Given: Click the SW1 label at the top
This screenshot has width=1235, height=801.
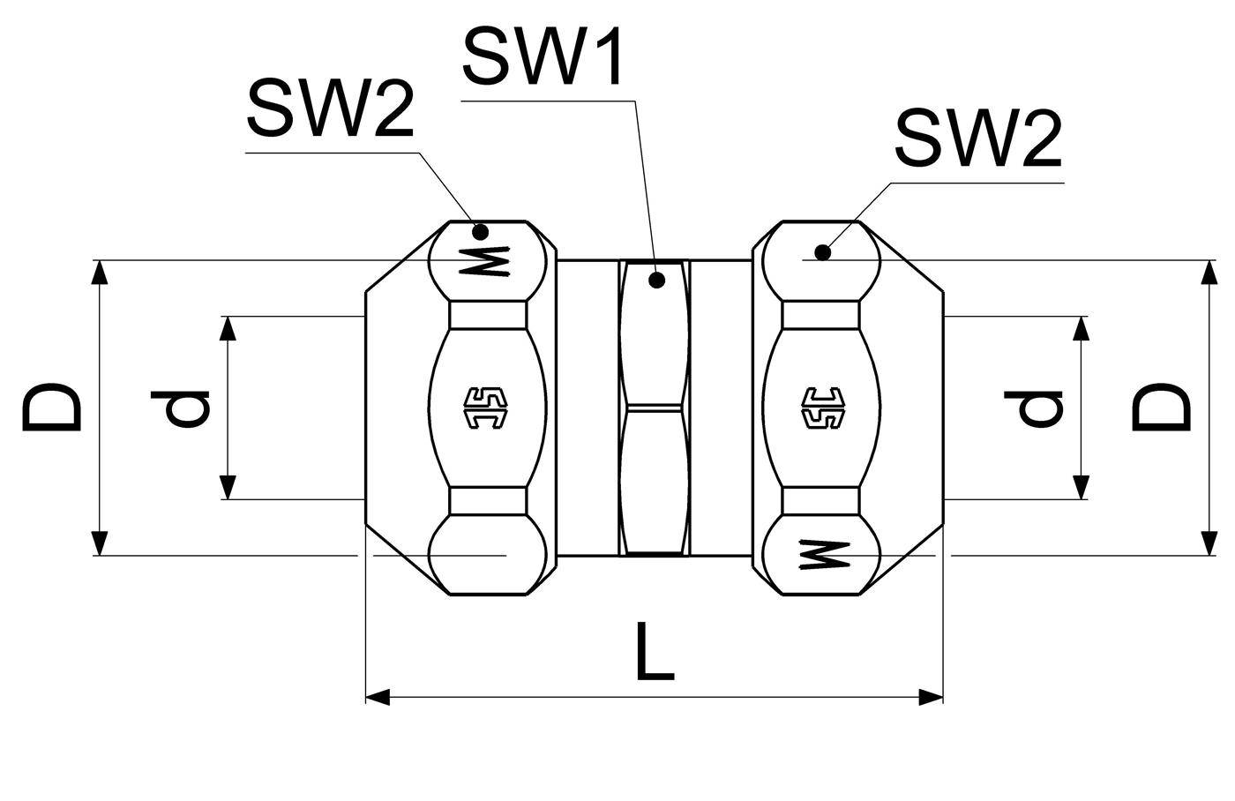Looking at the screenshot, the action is [543, 56].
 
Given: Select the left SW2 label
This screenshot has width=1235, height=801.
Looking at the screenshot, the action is [330, 108].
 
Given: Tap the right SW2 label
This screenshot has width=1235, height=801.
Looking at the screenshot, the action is [978, 138].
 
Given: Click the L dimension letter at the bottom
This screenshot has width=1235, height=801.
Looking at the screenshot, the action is [655, 651].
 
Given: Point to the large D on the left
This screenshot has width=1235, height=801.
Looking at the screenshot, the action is [51, 407].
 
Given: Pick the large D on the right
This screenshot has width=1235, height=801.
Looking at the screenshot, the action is [1161, 407].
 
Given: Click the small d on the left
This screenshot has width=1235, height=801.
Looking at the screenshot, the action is [180, 408].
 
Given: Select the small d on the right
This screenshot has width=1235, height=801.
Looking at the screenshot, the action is [1033, 408].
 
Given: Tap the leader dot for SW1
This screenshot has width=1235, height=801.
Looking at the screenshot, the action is [656, 280].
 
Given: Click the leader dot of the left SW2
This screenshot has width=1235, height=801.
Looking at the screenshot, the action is [481, 232].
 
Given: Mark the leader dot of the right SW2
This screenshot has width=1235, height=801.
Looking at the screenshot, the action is [822, 252].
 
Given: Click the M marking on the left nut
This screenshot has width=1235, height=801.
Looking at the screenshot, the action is [484, 261].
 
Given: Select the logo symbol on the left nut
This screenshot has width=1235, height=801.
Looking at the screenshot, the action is [486, 408].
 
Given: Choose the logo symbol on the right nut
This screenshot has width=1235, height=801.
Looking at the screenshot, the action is [823, 408].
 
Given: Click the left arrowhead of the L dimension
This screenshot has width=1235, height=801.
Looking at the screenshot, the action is [378, 697].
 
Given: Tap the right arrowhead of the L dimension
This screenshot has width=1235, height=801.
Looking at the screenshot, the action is [932, 697].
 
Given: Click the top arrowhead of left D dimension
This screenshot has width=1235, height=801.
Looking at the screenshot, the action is [99, 273].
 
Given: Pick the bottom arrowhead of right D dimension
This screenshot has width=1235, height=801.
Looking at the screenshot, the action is [1209, 543].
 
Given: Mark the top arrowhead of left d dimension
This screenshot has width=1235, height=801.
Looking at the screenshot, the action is [228, 328].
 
